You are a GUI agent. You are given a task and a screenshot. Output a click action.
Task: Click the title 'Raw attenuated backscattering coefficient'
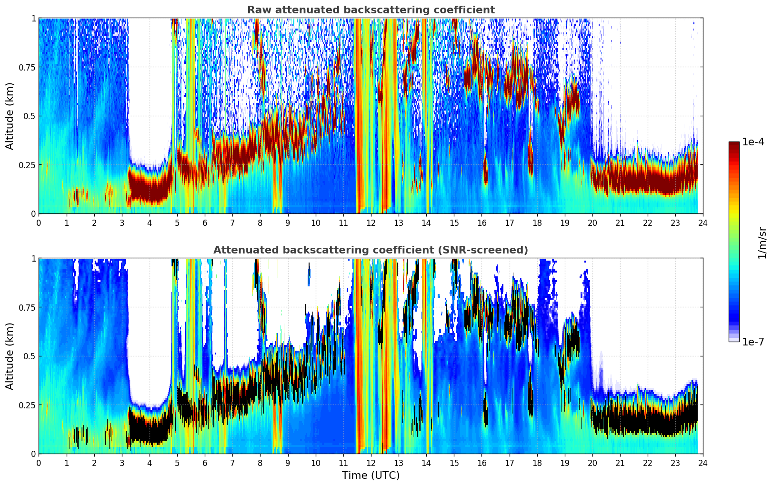tap(371, 10)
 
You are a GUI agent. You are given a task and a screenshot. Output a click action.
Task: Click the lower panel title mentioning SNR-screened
tap(371, 250)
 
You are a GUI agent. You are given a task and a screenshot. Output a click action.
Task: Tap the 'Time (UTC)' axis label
tap(371, 476)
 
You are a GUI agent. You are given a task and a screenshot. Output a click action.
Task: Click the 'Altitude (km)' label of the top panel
tap(10, 116)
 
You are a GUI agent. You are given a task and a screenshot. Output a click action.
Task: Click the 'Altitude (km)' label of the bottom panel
tap(10, 356)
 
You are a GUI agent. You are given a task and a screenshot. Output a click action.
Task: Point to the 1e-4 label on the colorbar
tap(753, 142)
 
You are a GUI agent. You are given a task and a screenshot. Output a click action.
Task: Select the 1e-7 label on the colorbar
tap(753, 342)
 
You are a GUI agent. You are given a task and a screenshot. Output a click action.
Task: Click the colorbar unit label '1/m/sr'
tap(762, 243)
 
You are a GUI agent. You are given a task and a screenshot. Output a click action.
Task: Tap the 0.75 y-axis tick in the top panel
tap(27, 67)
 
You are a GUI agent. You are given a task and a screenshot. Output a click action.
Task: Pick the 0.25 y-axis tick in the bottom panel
tap(27, 405)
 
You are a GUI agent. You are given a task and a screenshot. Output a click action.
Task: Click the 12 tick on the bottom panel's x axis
tap(371, 463)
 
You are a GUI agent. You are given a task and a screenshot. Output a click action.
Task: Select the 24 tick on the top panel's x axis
tap(703, 223)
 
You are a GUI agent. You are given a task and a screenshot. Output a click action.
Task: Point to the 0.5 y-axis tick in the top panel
tap(30, 116)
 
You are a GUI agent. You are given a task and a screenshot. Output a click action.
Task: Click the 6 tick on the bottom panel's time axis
tap(205, 463)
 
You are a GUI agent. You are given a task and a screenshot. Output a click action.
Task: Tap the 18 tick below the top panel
tap(537, 223)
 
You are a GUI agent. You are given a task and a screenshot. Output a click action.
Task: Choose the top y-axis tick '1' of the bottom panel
tap(33, 259)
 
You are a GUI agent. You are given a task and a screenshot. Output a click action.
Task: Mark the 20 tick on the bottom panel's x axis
tap(592, 463)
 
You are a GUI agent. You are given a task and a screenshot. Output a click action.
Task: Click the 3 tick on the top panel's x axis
tap(122, 223)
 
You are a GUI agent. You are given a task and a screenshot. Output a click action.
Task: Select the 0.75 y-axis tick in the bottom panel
tap(27, 307)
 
